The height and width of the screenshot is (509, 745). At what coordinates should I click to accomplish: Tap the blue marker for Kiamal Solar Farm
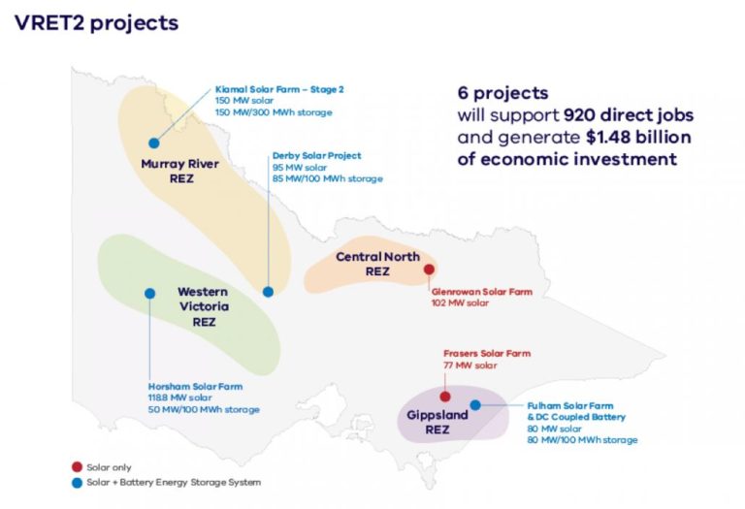[153, 143]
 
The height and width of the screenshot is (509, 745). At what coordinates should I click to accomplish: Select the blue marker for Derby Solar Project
[268, 291]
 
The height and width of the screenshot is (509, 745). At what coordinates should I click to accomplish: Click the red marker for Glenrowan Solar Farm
[429, 270]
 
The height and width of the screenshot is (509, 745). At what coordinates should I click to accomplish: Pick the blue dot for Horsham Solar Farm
[149, 293]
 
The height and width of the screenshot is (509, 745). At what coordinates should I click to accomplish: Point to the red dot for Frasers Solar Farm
[445, 396]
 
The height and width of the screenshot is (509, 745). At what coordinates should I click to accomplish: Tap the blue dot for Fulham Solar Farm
[474, 404]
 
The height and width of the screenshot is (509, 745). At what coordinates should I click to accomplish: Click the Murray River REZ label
[179, 171]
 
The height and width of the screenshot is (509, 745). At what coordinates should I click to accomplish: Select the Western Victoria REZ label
[203, 305]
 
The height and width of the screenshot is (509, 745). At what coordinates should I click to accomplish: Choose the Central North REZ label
[377, 264]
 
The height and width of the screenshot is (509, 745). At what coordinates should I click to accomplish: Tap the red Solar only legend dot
[76, 465]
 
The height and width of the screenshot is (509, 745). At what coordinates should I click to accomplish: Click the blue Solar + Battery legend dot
[76, 481]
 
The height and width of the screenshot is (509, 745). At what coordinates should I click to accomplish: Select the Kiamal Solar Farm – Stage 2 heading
[279, 89]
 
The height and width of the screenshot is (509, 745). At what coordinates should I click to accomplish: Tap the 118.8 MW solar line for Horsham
[179, 398]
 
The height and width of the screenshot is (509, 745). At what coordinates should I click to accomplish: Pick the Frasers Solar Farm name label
[486, 354]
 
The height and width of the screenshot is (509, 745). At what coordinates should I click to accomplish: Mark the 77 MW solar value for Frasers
[470, 366]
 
